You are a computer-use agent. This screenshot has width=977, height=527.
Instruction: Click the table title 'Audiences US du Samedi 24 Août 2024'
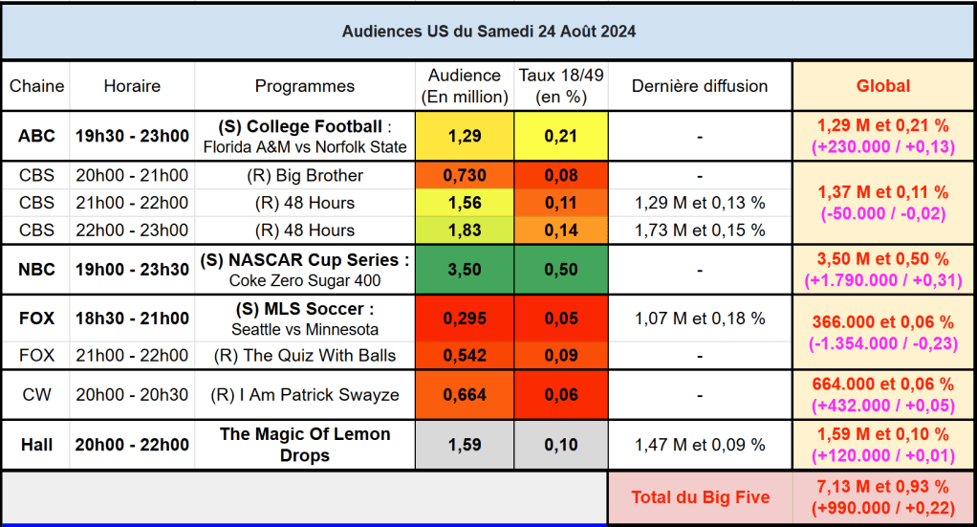488,32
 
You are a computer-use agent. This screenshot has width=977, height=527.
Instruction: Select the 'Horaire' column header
132,86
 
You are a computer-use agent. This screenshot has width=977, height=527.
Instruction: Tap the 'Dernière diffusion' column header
699,86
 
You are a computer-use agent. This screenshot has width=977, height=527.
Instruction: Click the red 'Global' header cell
882,86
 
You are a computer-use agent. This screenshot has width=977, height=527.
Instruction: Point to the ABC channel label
36,136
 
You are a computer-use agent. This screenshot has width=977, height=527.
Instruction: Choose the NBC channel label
36,270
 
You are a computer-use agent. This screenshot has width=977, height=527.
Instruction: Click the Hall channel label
36,445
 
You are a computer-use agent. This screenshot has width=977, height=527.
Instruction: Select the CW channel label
36,395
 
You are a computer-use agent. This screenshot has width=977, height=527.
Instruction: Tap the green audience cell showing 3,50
464,270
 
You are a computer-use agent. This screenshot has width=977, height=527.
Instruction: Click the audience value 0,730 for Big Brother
464,175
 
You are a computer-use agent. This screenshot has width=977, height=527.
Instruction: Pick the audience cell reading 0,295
464,318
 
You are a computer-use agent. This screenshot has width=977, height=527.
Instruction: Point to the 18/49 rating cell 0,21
560,136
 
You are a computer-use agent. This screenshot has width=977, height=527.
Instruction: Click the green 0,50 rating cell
560,270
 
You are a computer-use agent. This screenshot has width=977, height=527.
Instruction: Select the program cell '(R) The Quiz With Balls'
305,356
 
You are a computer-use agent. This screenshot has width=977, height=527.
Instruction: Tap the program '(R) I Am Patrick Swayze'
305,395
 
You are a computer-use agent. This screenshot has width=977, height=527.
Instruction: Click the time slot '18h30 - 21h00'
132,318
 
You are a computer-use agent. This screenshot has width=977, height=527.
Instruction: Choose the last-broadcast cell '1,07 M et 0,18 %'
699,318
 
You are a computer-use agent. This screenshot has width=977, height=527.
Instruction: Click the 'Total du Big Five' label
700,497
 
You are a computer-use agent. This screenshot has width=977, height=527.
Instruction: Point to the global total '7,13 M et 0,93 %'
882,487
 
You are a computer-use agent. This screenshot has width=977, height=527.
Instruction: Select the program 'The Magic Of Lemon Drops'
305,445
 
